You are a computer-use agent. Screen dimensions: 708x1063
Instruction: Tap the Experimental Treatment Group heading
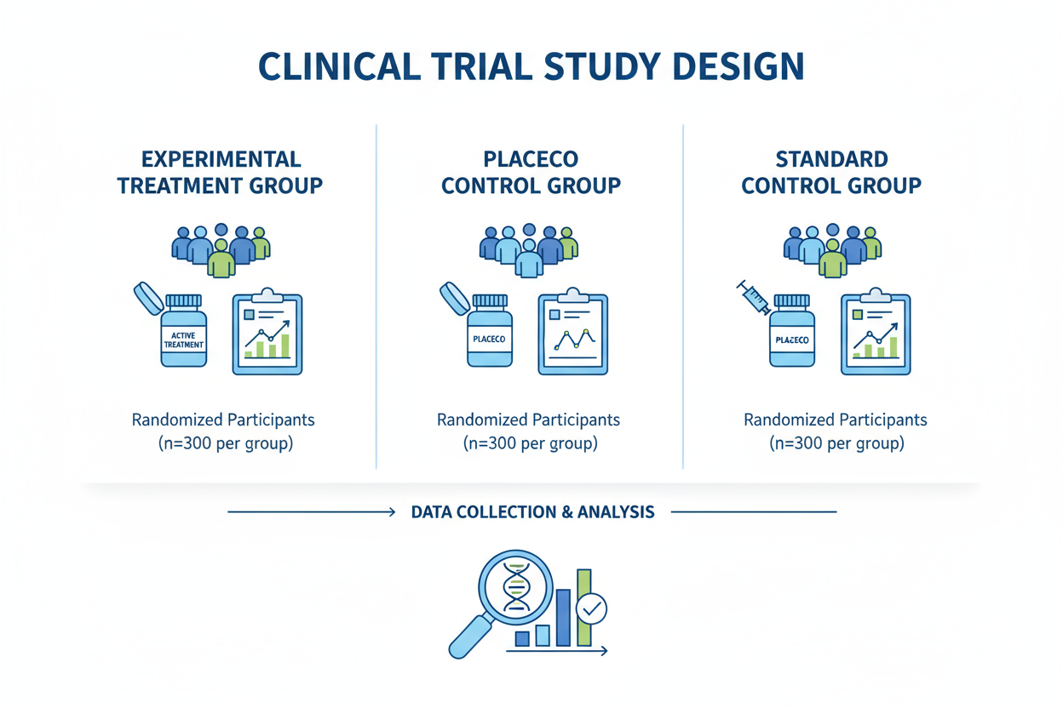pos(220,172)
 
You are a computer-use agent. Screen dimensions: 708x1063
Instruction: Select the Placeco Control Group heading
pos(531,172)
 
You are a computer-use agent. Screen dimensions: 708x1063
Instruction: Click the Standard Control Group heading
pos(831,172)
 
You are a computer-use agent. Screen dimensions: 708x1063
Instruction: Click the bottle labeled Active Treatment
pos(184,332)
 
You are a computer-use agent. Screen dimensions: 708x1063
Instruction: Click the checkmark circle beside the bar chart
pos(591,608)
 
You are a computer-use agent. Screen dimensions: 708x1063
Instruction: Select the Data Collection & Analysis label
pos(532,512)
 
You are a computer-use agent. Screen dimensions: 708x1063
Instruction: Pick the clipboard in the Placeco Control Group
pos(572,334)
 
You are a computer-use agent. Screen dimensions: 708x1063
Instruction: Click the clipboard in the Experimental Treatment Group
pos(268,334)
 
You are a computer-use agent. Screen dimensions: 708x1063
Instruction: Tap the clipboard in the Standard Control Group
pos(876,334)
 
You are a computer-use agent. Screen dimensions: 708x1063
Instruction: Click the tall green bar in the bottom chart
pos(584,606)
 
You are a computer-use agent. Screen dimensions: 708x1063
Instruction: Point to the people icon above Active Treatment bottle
pos(221,248)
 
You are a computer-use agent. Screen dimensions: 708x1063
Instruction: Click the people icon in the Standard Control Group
pos(832,248)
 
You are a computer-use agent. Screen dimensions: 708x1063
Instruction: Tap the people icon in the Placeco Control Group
pos(529,248)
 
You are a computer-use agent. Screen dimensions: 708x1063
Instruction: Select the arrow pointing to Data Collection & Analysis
pos(311,512)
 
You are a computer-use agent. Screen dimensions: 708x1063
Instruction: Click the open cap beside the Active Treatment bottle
pos(148,298)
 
